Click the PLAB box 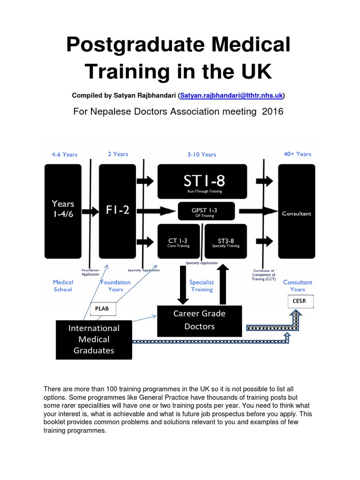point(102,309)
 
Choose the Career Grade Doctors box point(200,320)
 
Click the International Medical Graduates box point(94,339)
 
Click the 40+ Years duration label point(297,154)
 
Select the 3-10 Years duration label point(202,154)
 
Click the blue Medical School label point(62,286)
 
